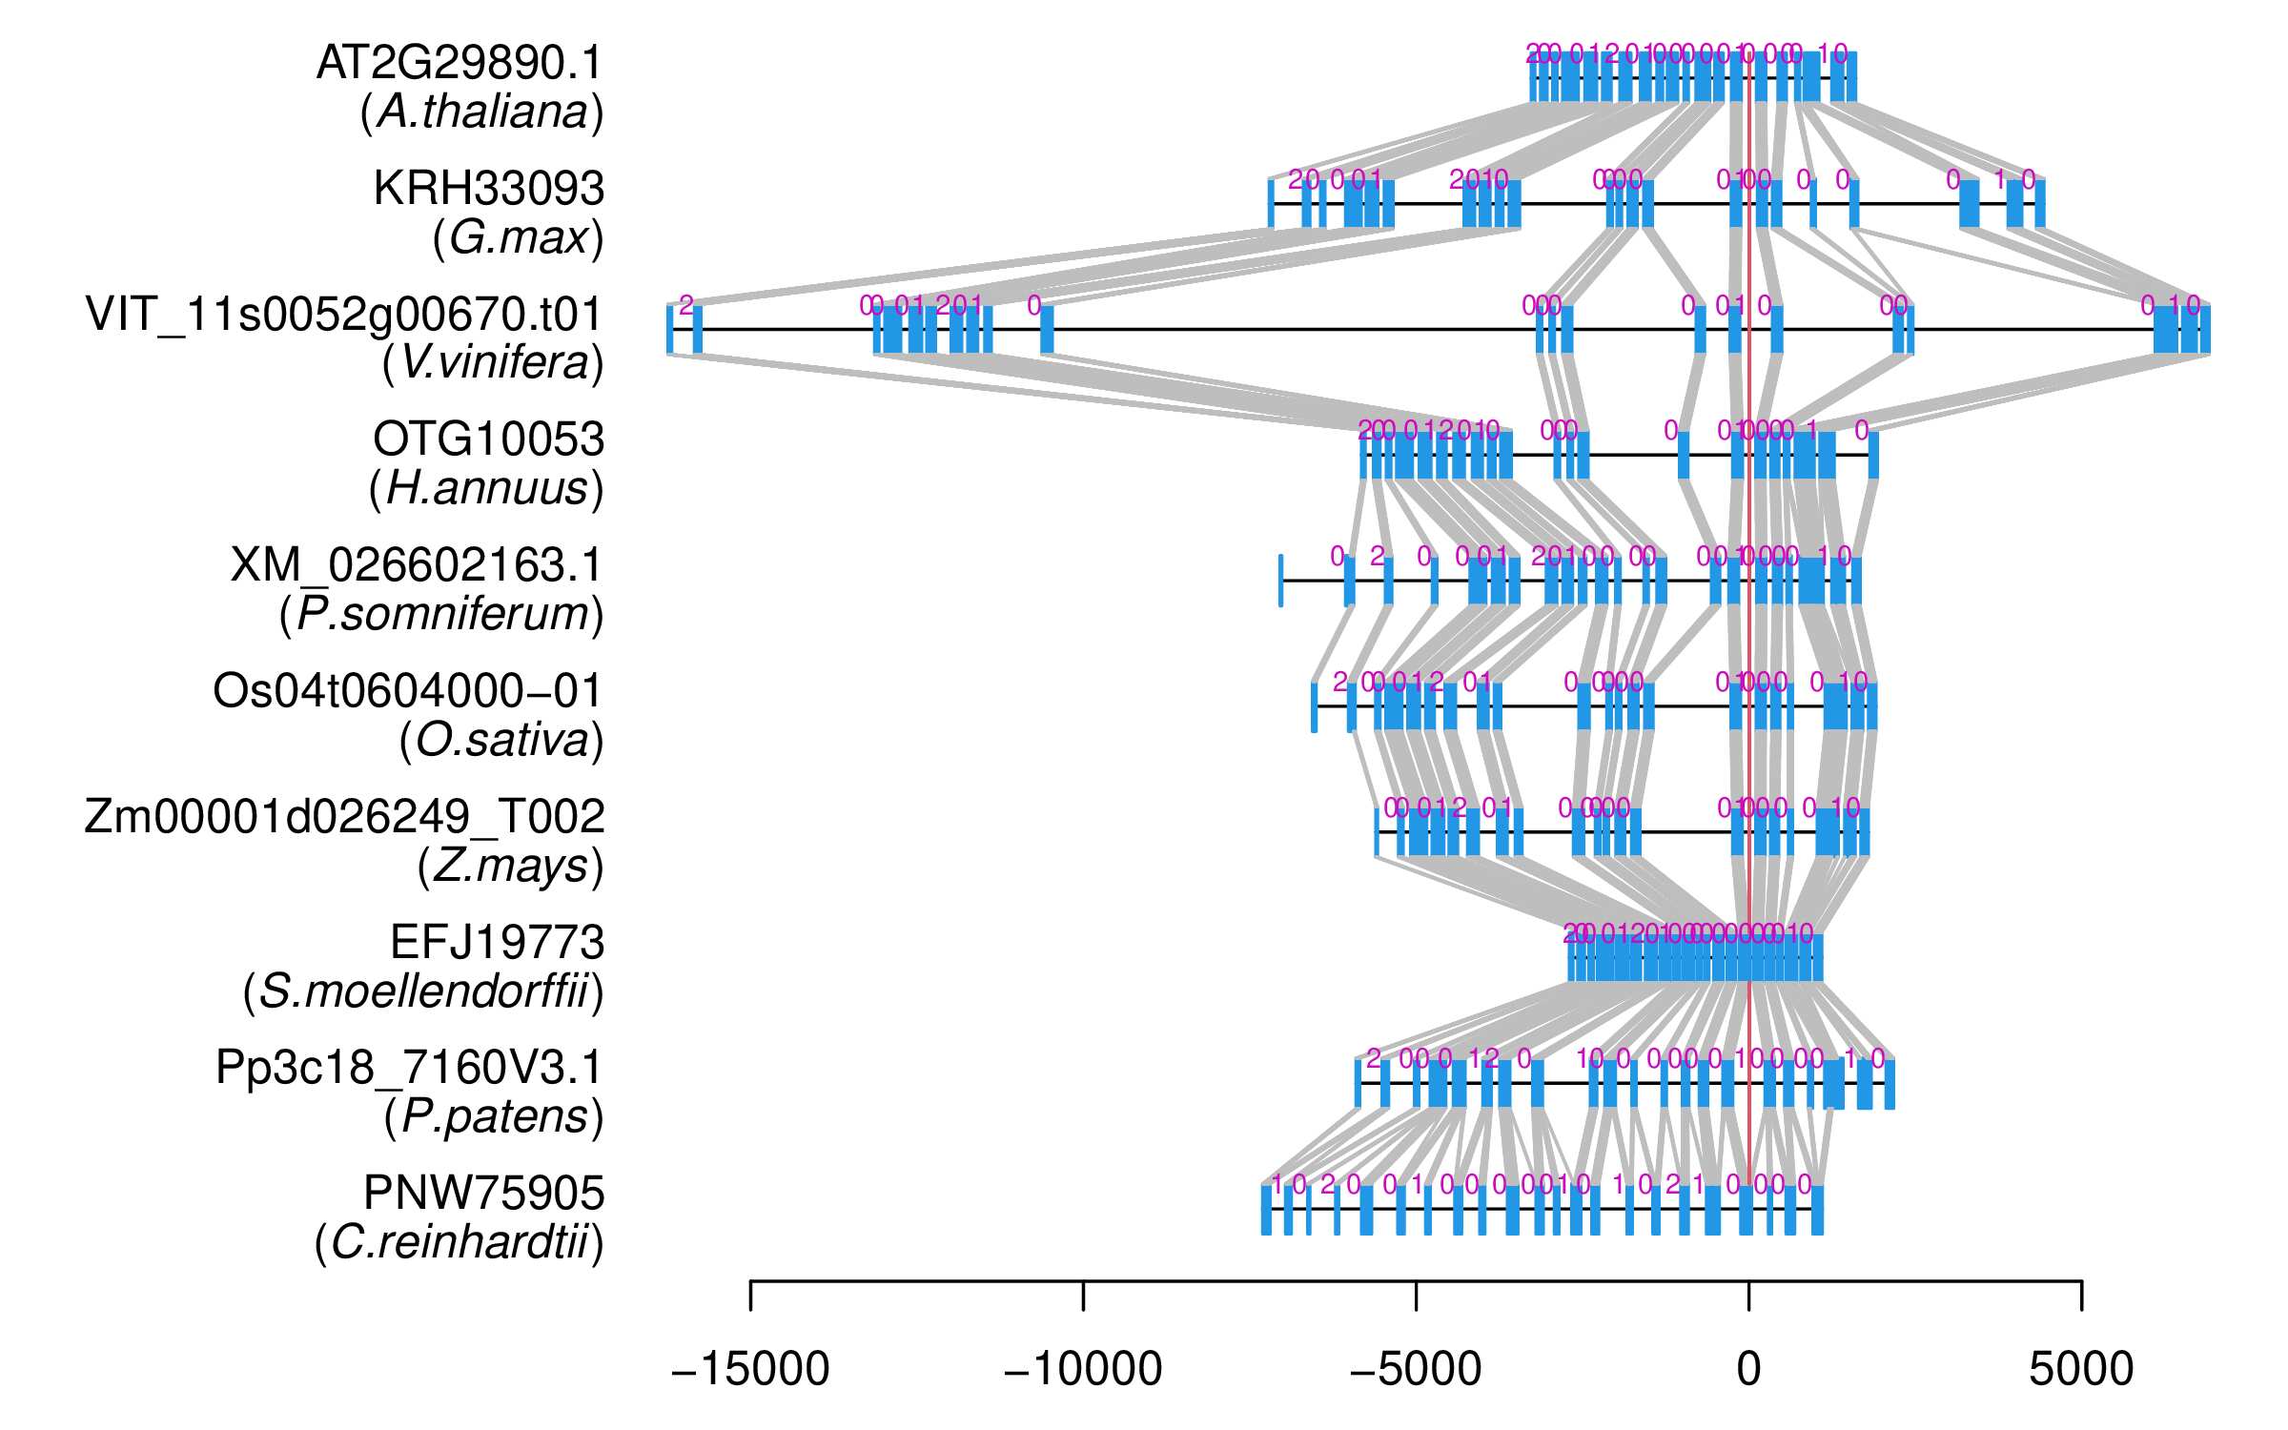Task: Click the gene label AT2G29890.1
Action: point(460,64)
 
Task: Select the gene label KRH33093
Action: point(488,189)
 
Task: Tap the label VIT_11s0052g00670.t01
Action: point(344,315)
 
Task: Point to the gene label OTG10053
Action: point(488,439)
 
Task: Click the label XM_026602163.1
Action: point(417,565)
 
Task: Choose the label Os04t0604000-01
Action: point(408,691)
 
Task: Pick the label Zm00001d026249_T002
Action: point(344,817)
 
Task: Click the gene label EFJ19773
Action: point(497,943)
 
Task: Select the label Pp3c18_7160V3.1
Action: point(409,1068)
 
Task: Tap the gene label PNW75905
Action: point(483,1194)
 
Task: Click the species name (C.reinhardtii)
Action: point(459,1243)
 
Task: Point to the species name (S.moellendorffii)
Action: point(423,992)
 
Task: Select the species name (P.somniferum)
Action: point(441,615)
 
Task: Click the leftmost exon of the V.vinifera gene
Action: point(670,330)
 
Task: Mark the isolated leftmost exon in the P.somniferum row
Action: point(1280,581)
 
